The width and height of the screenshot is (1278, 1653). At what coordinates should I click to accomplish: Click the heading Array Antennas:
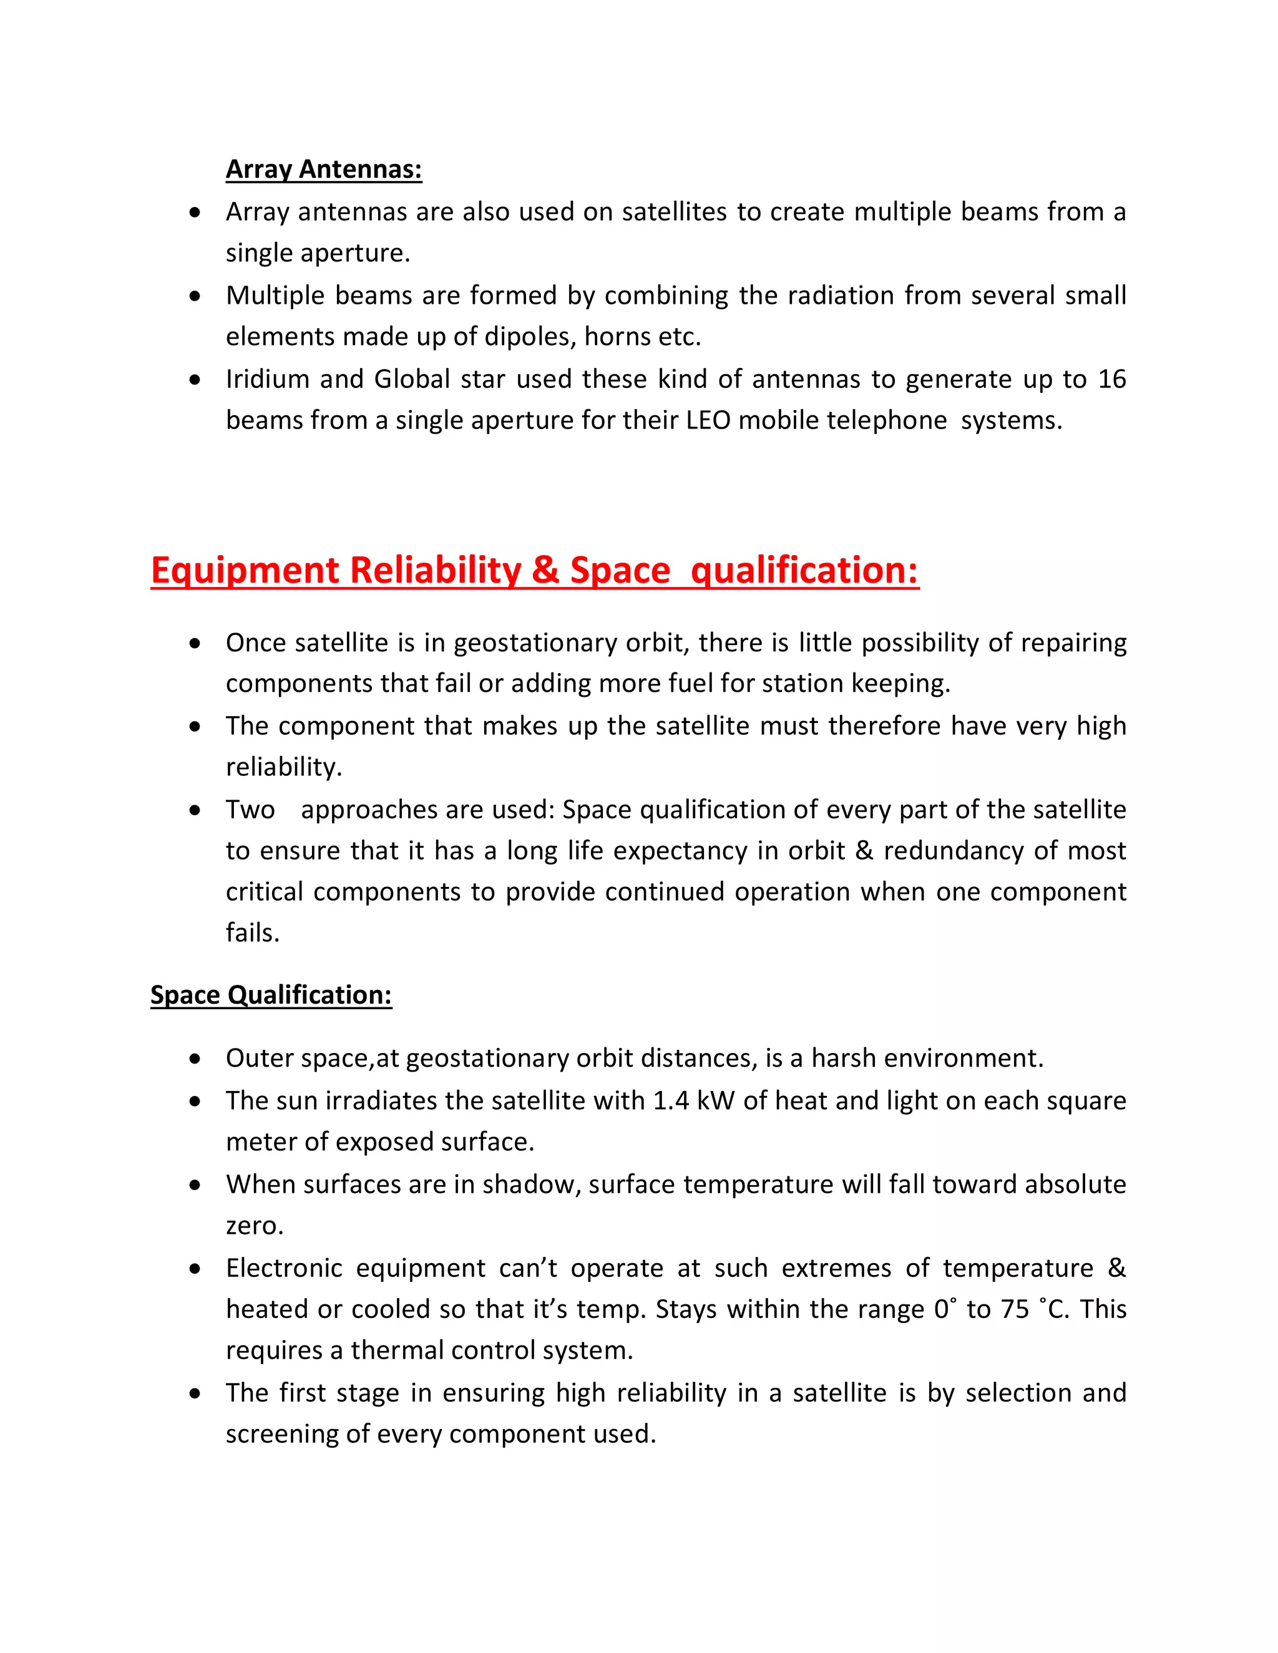[x=323, y=169]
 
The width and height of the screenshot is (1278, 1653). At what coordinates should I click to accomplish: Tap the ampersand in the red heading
[x=544, y=571]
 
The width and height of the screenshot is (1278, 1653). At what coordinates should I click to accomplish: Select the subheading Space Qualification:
[x=271, y=994]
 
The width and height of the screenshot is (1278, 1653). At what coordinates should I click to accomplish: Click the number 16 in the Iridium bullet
[x=1111, y=379]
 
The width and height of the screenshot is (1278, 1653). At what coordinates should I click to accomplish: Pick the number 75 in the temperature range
[x=1015, y=1309]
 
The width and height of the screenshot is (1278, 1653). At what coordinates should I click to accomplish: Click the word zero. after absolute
[x=255, y=1226]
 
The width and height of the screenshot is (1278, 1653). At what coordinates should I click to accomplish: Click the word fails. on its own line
[x=252, y=933]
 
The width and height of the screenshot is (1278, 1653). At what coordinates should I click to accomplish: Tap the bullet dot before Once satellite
[x=195, y=643]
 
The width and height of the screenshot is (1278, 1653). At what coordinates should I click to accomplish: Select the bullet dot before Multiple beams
[x=195, y=296]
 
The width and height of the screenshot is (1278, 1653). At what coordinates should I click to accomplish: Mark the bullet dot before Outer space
[x=195, y=1059]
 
